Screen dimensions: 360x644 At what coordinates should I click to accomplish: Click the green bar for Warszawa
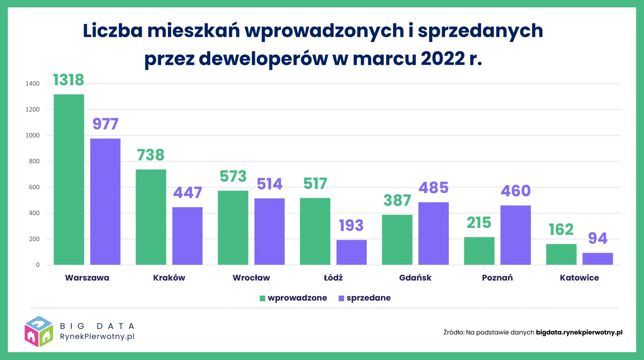pyautogui.click(x=69, y=179)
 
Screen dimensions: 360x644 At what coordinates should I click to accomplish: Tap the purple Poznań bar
pyautogui.click(x=516, y=235)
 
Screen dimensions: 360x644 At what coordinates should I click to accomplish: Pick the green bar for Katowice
pyautogui.click(x=561, y=254)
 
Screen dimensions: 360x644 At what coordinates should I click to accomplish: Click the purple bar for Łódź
pyautogui.click(x=351, y=252)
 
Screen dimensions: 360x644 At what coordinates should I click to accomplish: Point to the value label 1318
pyautogui.click(x=69, y=80)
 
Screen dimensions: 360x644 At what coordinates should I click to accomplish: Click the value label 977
pyautogui.click(x=105, y=124)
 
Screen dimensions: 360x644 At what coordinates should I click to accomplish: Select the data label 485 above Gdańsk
pyautogui.click(x=433, y=188)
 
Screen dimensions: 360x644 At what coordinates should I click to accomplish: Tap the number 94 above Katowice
pyautogui.click(x=598, y=238)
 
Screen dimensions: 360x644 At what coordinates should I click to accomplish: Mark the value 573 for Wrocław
pyautogui.click(x=233, y=176)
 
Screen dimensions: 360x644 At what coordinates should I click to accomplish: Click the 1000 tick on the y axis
pyautogui.click(x=33, y=136)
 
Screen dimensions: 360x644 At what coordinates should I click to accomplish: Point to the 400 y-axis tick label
pyautogui.click(x=35, y=213)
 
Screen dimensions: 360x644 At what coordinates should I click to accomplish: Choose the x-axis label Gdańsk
pyautogui.click(x=415, y=278)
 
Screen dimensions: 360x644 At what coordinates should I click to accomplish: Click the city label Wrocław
pyautogui.click(x=251, y=278)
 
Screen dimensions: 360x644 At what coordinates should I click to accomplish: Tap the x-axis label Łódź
pyautogui.click(x=333, y=278)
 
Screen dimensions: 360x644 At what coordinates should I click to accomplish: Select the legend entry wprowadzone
pyautogui.click(x=297, y=298)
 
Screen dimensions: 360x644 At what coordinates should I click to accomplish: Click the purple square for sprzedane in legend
pyautogui.click(x=341, y=298)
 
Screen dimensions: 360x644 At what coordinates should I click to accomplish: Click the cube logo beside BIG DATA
pyautogui.click(x=39, y=331)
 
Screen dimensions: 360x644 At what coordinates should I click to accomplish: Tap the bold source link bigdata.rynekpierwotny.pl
pyautogui.click(x=579, y=332)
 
